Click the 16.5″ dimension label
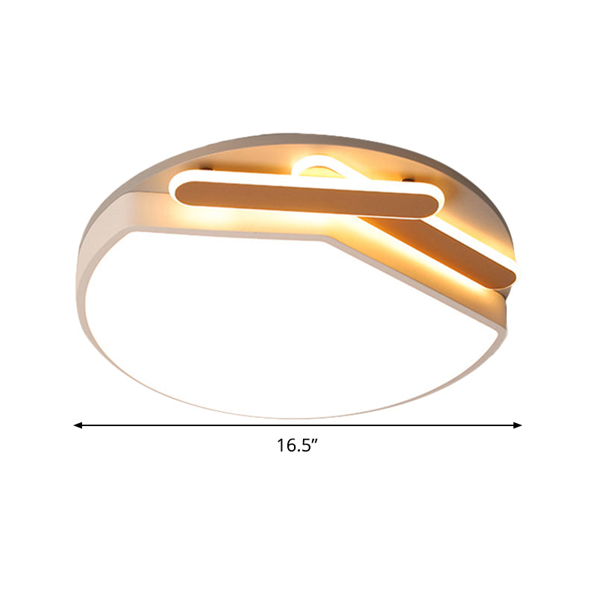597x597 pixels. click(x=297, y=446)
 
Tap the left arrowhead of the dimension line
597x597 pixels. click(x=78, y=425)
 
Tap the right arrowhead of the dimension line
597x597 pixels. click(x=517, y=425)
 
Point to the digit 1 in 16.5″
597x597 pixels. click(x=281, y=446)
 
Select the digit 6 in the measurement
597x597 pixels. click(x=290, y=446)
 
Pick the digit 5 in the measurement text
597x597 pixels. click(x=305, y=446)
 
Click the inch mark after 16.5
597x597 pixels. click(x=314, y=441)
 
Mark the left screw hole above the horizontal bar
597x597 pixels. click(x=207, y=168)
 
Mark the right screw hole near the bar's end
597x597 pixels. click(x=409, y=179)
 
